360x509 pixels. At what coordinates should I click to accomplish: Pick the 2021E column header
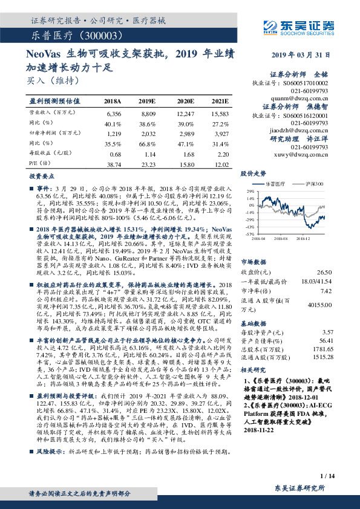(x=220, y=101)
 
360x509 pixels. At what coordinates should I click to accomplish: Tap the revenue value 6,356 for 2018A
(x=114, y=113)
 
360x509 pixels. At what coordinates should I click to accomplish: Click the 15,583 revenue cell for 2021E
(x=220, y=113)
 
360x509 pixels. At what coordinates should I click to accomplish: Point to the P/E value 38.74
(x=114, y=164)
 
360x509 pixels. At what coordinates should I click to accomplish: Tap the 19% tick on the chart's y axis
(x=249, y=191)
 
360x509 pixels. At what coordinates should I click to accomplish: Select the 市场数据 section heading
(x=254, y=262)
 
